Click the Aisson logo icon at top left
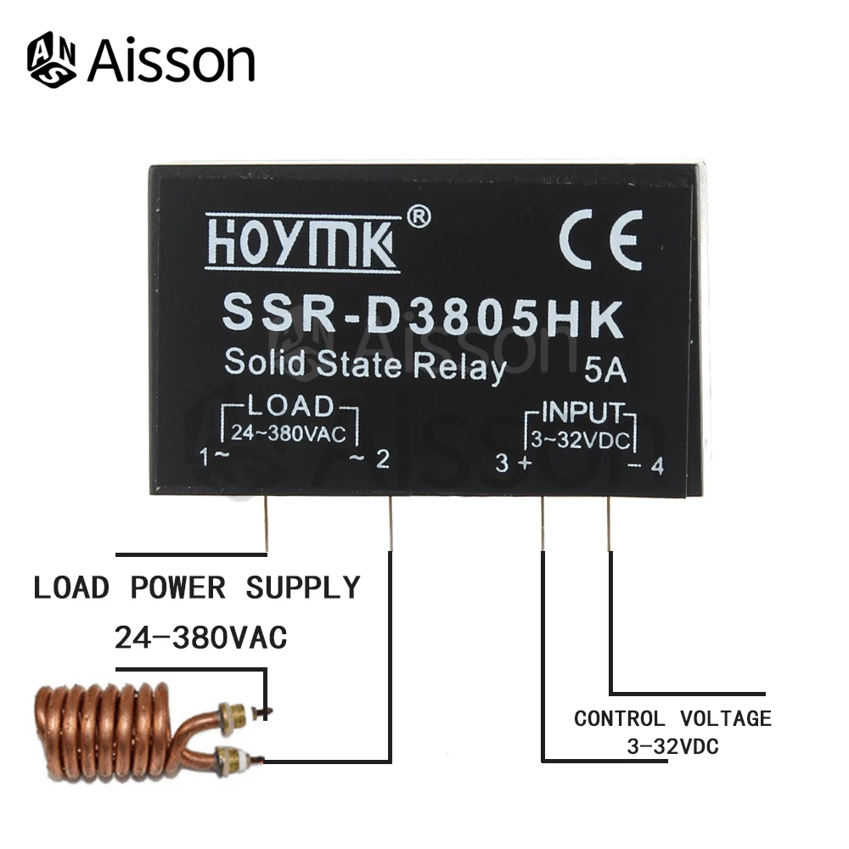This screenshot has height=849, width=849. (x=53, y=60)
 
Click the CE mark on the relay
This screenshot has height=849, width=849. (x=600, y=239)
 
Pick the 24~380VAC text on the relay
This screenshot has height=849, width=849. (x=289, y=434)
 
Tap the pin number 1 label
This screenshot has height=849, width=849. (x=204, y=458)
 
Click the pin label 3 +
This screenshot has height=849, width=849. (x=514, y=464)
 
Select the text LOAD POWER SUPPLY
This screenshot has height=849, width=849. (x=197, y=588)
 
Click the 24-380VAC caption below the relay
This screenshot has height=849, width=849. (x=200, y=637)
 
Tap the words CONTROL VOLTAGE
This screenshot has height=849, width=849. (x=672, y=719)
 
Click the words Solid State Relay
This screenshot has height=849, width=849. (x=365, y=365)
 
